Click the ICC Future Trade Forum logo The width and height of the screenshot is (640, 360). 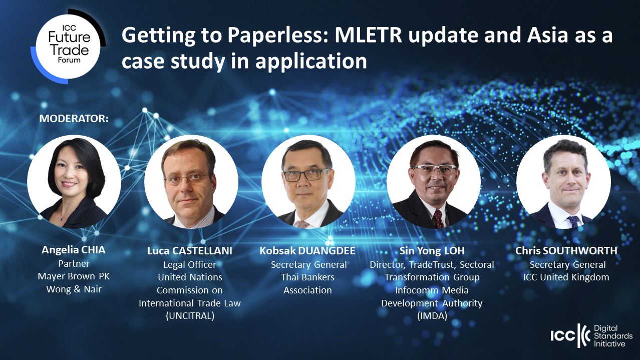pyautogui.click(x=68, y=47)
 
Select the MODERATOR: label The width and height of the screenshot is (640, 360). pyautogui.click(x=74, y=119)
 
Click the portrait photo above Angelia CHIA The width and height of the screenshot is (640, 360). pyautogui.click(x=74, y=182)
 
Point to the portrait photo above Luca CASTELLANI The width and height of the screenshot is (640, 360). pyautogui.click(x=191, y=182)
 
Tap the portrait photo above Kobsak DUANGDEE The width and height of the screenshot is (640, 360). pyautogui.click(x=308, y=182)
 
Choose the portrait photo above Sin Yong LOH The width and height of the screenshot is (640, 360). pyautogui.click(x=434, y=182)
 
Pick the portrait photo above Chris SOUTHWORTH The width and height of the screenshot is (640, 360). pyautogui.click(x=564, y=182)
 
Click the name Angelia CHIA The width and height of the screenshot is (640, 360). pyautogui.click(x=74, y=250)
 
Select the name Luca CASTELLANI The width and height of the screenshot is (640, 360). pyautogui.click(x=190, y=251)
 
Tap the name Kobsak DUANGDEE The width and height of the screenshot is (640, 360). pyautogui.click(x=307, y=251)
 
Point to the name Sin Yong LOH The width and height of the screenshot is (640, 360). pyautogui.click(x=432, y=251)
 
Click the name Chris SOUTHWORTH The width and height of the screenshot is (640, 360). pyautogui.click(x=566, y=251)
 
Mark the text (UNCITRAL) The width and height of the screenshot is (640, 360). pyautogui.click(x=190, y=316)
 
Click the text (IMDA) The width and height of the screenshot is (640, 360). pyautogui.click(x=432, y=316)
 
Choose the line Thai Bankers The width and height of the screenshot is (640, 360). pyautogui.click(x=307, y=277)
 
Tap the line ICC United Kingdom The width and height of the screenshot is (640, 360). pyautogui.click(x=566, y=277)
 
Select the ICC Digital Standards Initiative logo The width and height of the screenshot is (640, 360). pyautogui.click(x=591, y=335)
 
